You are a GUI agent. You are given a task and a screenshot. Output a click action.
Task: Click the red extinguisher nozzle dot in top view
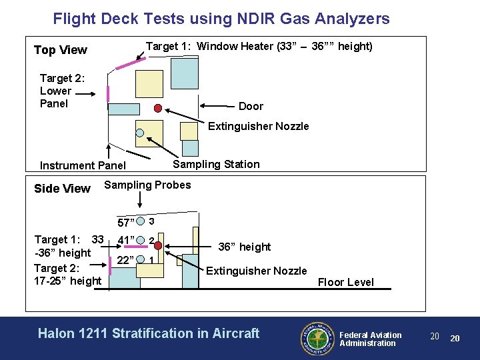click(158, 108)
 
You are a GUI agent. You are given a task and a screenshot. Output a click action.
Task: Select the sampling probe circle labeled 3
click(141, 221)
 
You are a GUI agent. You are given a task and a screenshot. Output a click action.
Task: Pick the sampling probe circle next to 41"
click(141, 240)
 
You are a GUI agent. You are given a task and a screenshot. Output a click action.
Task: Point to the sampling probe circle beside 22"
click(141, 259)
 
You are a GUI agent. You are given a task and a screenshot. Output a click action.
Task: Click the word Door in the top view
click(251, 106)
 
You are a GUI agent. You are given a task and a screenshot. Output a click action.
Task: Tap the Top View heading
click(61, 50)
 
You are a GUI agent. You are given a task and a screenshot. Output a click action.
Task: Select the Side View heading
click(62, 189)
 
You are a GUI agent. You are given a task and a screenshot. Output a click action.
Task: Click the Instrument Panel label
click(83, 165)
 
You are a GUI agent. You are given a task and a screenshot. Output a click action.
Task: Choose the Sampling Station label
click(216, 164)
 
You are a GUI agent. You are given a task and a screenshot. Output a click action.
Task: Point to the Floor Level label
click(345, 282)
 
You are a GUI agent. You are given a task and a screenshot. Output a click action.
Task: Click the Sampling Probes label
click(147, 185)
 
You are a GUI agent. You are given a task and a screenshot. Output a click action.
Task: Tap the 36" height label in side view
click(245, 247)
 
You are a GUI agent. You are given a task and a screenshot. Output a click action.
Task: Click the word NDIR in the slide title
click(249, 19)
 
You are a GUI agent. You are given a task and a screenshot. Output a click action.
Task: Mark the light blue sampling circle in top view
click(140, 132)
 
